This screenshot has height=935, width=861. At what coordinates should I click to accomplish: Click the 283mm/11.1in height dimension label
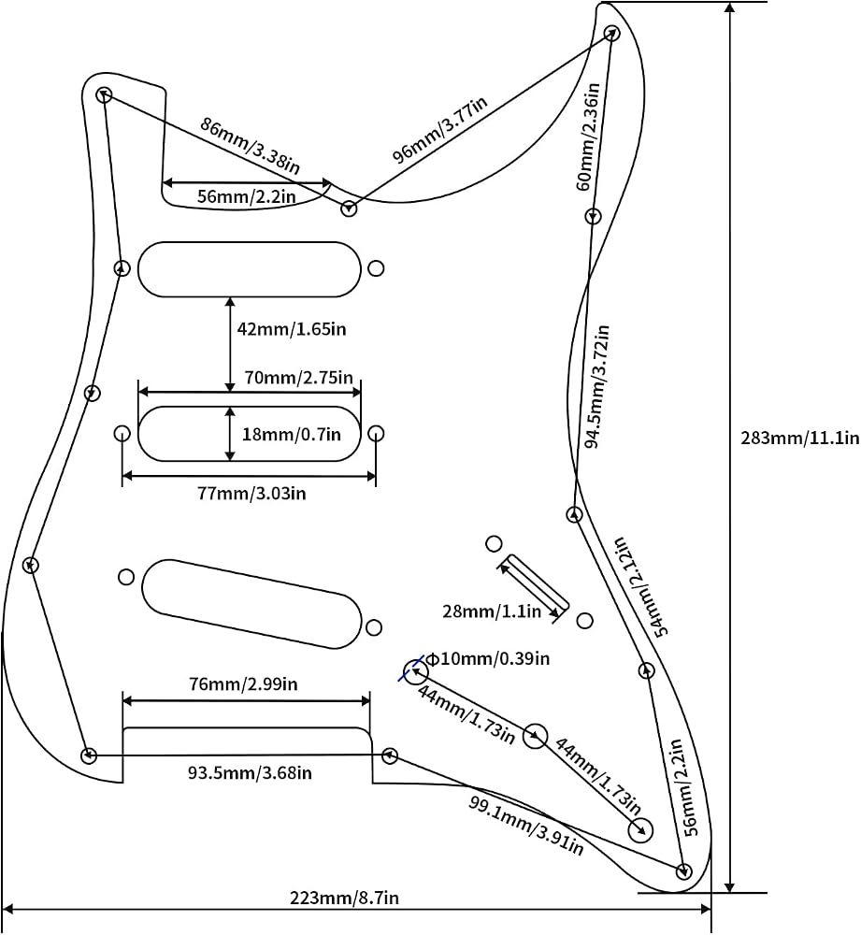click(799, 439)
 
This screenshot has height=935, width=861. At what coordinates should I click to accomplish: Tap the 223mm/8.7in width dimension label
click(344, 898)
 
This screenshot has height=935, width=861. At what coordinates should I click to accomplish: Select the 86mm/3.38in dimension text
click(250, 146)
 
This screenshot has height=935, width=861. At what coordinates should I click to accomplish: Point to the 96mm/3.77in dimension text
click(439, 129)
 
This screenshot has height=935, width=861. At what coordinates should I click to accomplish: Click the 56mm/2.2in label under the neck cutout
click(246, 196)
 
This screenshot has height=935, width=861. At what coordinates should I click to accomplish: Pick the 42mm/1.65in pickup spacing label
click(292, 328)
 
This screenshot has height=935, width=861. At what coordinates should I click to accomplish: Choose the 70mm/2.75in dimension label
click(299, 378)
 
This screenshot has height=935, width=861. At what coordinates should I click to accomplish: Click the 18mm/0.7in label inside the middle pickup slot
click(291, 434)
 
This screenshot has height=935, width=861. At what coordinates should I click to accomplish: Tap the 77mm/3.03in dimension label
click(251, 493)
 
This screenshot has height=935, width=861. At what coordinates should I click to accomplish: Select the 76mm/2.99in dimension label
click(243, 683)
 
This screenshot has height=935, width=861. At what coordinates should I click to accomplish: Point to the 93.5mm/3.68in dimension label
click(250, 773)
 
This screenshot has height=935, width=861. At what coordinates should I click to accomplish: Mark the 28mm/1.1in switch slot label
click(492, 611)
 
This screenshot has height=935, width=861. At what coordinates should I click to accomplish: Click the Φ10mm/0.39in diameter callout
click(488, 658)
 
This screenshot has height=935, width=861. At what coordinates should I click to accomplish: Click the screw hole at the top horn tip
click(611, 34)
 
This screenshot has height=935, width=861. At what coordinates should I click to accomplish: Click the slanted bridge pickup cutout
click(251, 603)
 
